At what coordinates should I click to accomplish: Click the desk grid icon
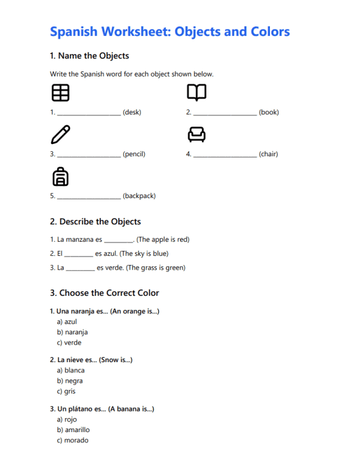click(60, 93)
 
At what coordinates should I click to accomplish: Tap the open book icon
click(196, 93)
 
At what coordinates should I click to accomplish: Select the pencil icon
click(60, 134)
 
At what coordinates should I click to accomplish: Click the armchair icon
click(196, 134)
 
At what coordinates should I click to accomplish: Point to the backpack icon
click(60, 176)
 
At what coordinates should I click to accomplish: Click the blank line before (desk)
click(89, 113)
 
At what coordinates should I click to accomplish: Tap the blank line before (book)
click(225, 113)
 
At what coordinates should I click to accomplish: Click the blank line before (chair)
click(225, 155)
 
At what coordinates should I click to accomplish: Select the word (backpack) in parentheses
click(139, 196)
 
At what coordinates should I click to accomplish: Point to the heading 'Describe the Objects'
click(95, 222)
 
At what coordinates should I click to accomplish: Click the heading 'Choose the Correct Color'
click(104, 293)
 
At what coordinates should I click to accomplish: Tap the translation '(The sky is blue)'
click(144, 254)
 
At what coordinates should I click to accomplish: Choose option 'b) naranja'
click(72, 332)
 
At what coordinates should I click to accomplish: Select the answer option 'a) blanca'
click(71, 370)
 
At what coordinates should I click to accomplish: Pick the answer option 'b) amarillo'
click(73, 430)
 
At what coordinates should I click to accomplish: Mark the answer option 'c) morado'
click(73, 440)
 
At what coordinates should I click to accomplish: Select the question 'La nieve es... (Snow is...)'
click(91, 360)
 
